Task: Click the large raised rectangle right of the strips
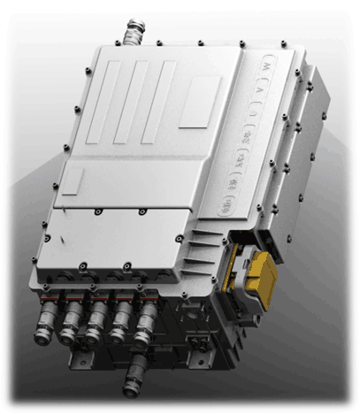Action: pyautogui.click(x=200, y=99)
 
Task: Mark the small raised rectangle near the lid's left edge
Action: pyautogui.click(x=72, y=183)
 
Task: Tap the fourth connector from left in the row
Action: pyautogui.click(x=120, y=323)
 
